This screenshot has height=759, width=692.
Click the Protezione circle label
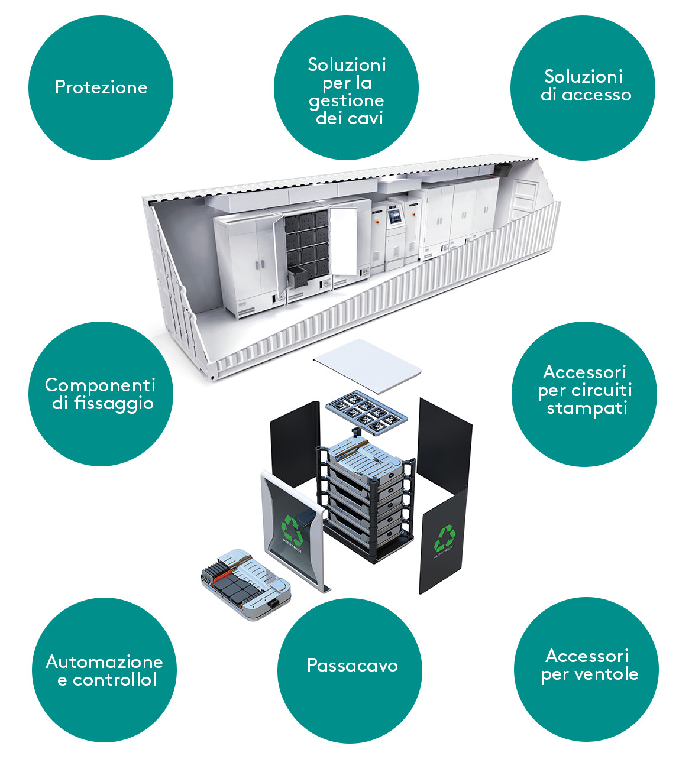pyautogui.click(x=101, y=87)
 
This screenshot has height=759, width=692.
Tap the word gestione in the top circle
pyautogui.click(x=346, y=101)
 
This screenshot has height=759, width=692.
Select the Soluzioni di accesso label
pyautogui.click(x=585, y=86)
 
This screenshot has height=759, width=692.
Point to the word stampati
pyautogui.click(x=587, y=408)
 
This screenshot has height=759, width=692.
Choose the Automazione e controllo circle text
pyautogui.click(x=104, y=670)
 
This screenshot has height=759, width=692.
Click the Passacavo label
pyautogui.click(x=352, y=666)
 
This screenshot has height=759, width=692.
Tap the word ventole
pyautogui.click(x=609, y=674)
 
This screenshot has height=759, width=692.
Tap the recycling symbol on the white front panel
pyautogui.click(x=292, y=528)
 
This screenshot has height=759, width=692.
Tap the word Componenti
pyautogui.click(x=100, y=385)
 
